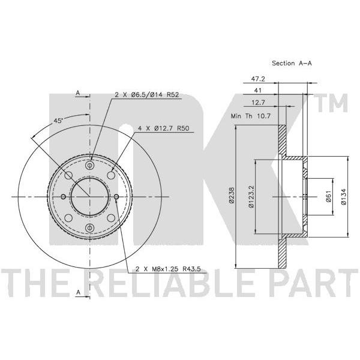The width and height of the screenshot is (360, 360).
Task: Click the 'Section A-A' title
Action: tap(292, 63)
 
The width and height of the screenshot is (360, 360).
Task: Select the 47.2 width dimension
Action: tap(258, 79)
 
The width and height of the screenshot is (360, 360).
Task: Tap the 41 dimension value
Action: tap(258, 90)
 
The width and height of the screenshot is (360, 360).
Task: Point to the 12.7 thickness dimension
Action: tap(258, 103)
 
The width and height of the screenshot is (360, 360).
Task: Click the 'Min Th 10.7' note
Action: tap(251, 116)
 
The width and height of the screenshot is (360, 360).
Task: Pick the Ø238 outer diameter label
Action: tap(232, 195)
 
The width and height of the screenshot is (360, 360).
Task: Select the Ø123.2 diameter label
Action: tap(251, 197)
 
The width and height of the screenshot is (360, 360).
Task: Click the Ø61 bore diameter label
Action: tap(329, 196)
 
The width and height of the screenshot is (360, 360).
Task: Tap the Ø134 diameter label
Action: tap(343, 196)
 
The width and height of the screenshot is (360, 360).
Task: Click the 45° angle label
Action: tap(58, 121)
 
